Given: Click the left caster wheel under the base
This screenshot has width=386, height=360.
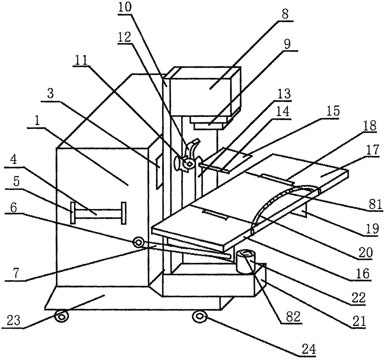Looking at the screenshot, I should pyautogui.click(x=62, y=317).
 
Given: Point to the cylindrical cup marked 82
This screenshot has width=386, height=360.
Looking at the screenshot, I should pyautogui.click(x=245, y=261).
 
